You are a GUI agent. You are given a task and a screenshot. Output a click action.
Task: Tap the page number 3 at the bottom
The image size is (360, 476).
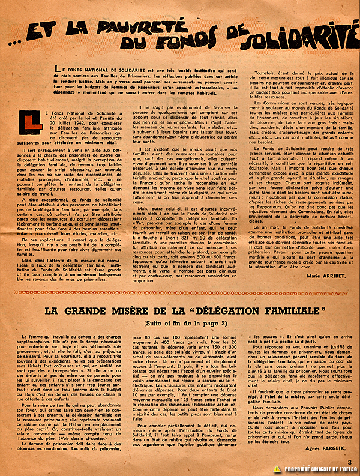coord(349,461)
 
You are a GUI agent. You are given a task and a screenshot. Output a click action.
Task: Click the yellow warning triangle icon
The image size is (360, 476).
coord(277,469)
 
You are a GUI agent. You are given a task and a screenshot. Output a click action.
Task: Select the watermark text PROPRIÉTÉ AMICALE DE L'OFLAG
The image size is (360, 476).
coord(319,469)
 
